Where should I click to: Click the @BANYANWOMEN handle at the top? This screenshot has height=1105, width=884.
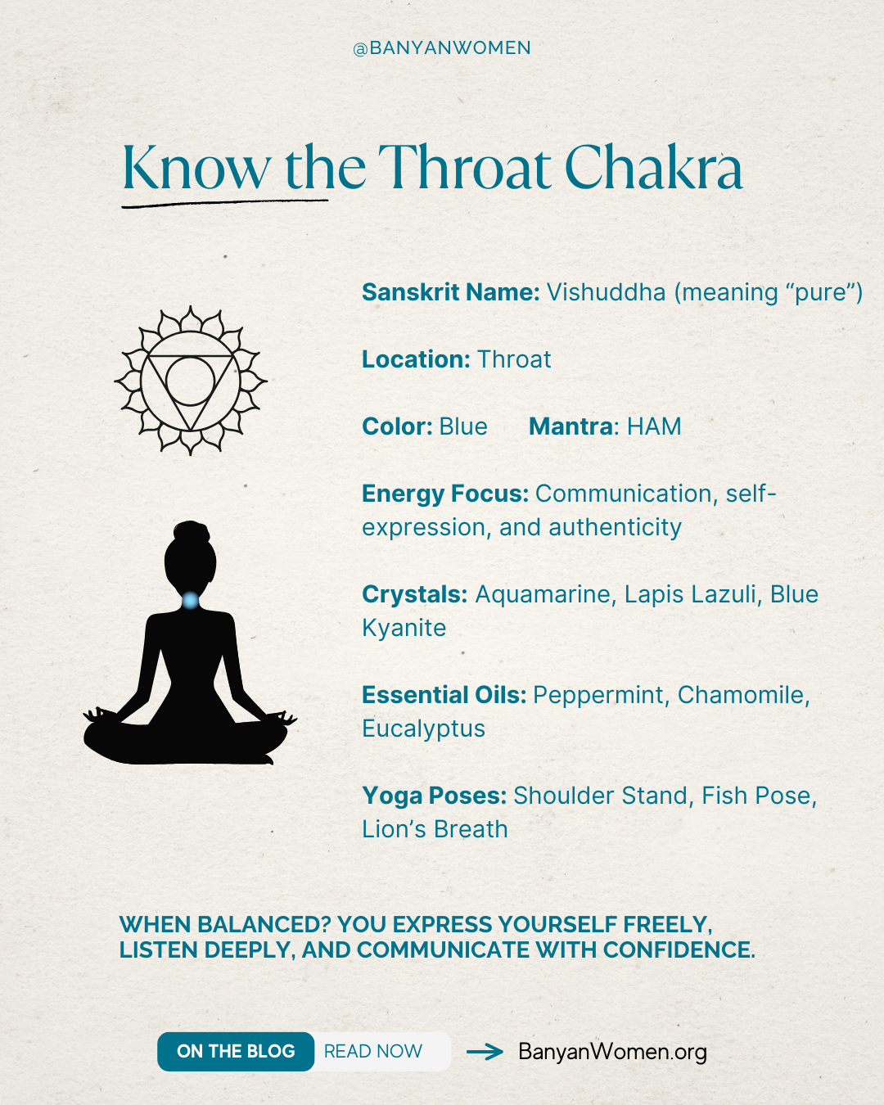pos(442,48)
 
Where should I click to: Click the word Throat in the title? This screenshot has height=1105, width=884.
pos(464,169)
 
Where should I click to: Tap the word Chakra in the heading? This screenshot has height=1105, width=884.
pos(653,169)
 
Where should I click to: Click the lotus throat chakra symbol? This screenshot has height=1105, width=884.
pos(191,381)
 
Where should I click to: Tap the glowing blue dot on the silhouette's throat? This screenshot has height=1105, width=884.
pos(191,601)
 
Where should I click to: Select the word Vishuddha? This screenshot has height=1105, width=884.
pos(606,292)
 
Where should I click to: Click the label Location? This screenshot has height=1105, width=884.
pos(416,359)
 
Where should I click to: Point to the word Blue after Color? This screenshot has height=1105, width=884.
pos(463,426)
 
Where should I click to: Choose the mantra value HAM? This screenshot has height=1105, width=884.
pos(654,426)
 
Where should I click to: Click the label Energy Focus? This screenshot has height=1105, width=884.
pos(445,494)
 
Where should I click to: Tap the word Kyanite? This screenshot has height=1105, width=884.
pos(404,628)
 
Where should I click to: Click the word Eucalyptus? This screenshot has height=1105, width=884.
pos(423,728)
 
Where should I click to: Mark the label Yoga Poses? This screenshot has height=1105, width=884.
pos(434,796)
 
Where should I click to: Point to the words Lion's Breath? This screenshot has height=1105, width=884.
pos(435,829)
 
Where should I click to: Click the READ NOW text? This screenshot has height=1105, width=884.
pos(373,1052)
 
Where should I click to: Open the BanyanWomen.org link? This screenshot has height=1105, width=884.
pos(612,1052)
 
